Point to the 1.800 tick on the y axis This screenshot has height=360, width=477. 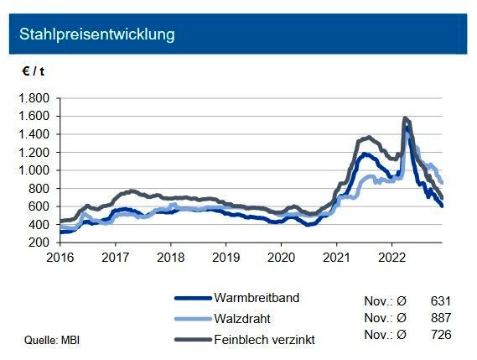click(x=33, y=98)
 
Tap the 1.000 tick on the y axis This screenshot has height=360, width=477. click(x=33, y=170)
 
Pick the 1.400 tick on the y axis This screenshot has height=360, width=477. click(x=33, y=134)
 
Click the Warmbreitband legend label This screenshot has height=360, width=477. click(x=257, y=298)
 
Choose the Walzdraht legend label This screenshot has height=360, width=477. click(x=243, y=317)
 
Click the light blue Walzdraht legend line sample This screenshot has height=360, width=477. click(x=192, y=318)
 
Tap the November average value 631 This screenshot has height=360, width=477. click(x=440, y=299)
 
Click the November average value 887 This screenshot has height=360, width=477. click(x=440, y=317)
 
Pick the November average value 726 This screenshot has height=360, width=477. click(x=440, y=336)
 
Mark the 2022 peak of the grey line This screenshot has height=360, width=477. click(x=406, y=118)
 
